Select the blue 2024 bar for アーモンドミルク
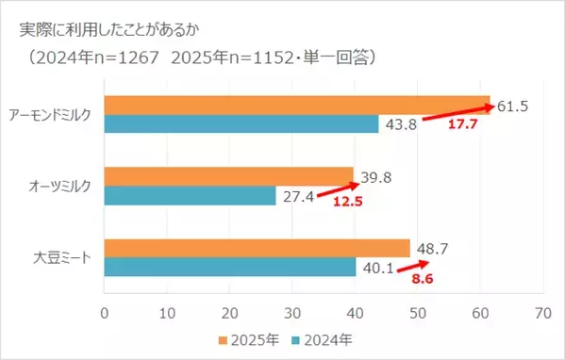point(241,123)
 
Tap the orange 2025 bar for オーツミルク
point(228,176)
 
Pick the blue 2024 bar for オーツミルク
point(190,195)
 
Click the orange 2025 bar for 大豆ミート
point(257,248)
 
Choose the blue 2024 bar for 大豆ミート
point(229,267)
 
